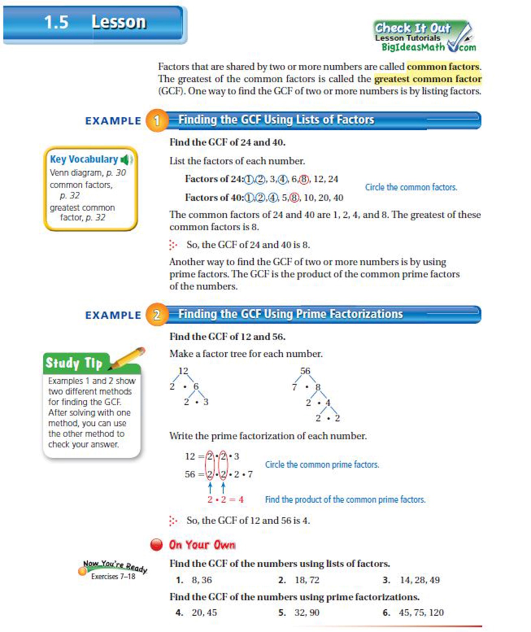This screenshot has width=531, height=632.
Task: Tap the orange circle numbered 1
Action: [157, 120]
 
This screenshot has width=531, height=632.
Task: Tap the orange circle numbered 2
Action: [157, 315]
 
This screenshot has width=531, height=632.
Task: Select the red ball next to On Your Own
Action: [156, 545]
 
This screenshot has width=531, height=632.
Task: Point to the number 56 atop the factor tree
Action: [305, 371]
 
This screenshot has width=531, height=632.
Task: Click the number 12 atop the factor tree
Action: [183, 371]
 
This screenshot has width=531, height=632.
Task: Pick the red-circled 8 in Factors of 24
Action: [304, 179]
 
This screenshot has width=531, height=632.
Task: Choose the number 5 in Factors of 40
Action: [284, 198]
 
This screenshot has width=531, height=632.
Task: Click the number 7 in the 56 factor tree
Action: [294, 388]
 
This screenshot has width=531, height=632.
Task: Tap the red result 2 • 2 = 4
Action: [225, 500]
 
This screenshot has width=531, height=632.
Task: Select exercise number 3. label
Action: [386, 580]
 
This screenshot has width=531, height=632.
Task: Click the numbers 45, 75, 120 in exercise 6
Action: [421, 613]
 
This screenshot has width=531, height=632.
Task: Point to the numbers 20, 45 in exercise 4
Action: [204, 613]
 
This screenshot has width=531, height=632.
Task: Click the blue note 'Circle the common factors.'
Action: [411, 187]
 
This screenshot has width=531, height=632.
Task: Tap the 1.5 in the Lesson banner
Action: [56, 22]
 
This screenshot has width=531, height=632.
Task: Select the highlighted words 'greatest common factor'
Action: [428, 79]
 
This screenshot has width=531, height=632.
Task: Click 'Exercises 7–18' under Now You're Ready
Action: [113, 577]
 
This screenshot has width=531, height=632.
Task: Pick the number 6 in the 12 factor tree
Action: [196, 386]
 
